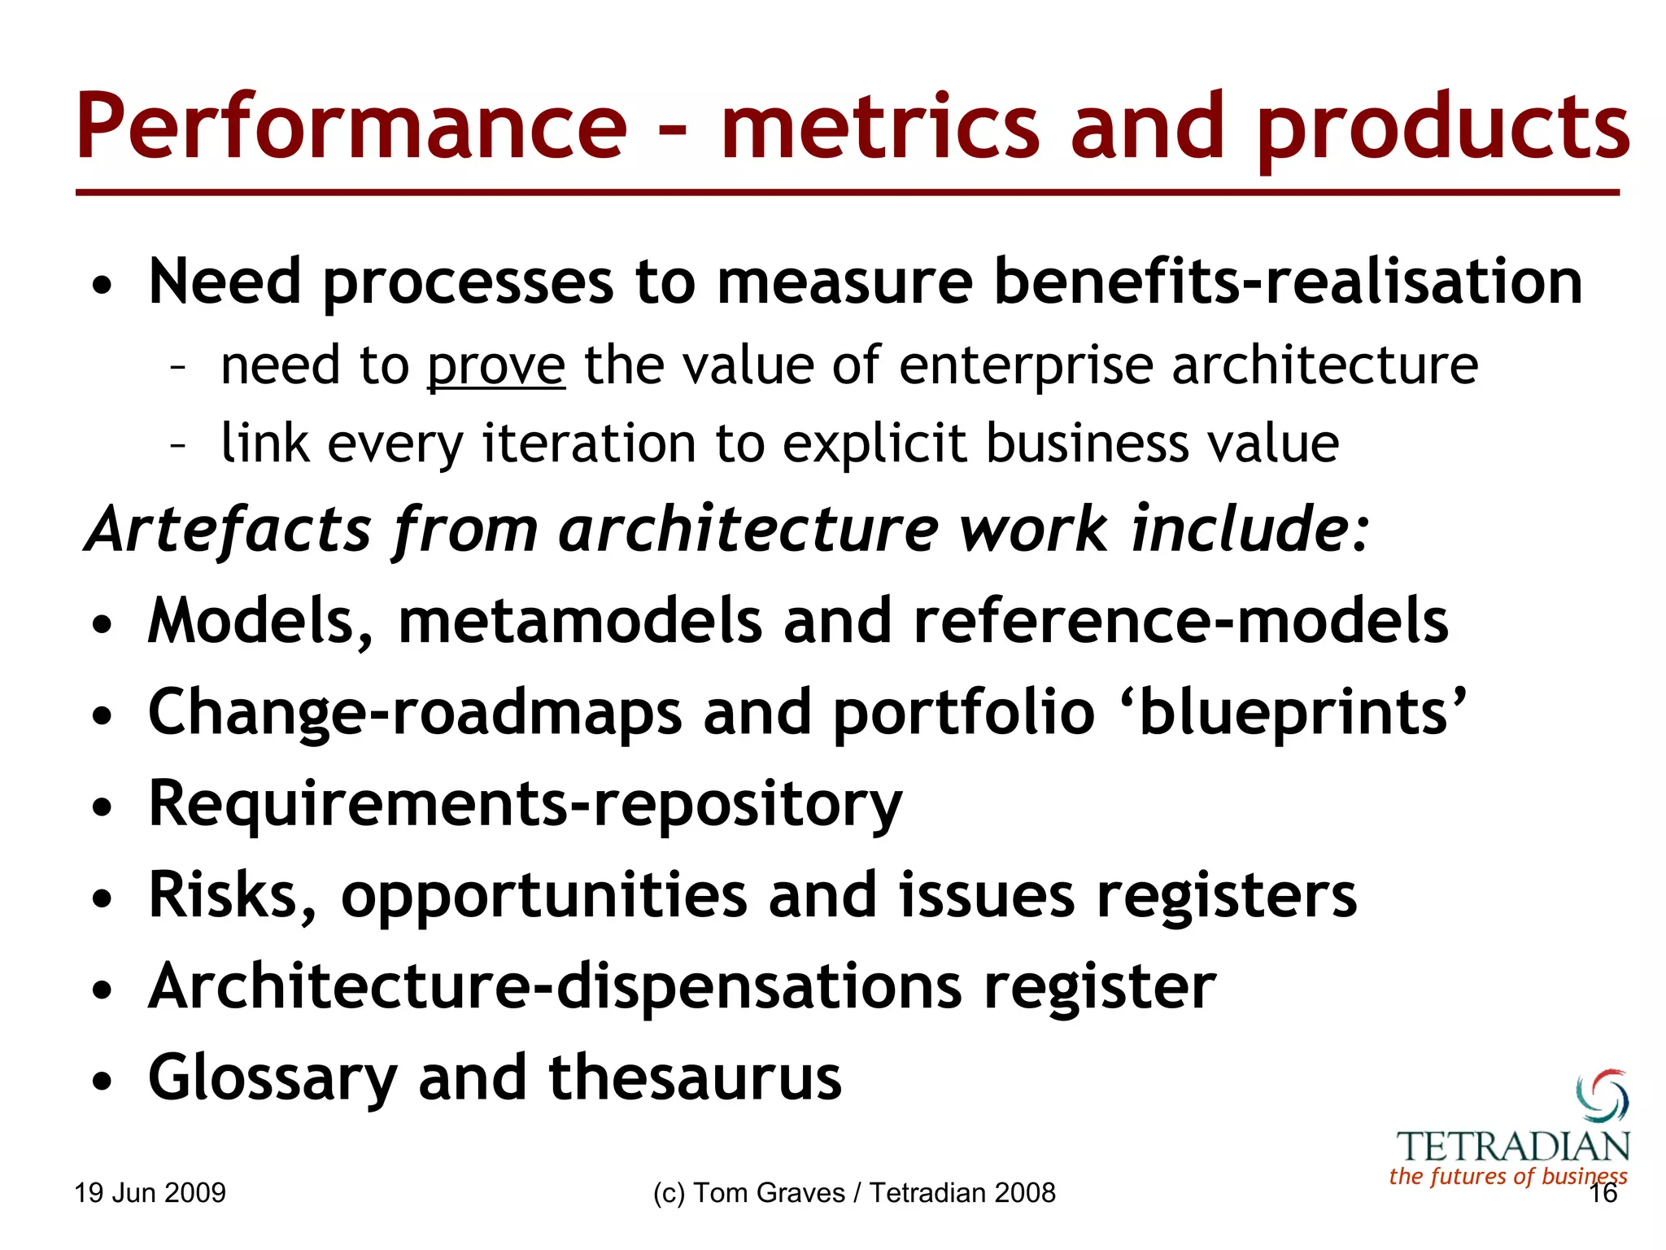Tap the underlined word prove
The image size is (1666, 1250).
(x=496, y=366)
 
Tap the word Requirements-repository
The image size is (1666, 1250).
(x=526, y=804)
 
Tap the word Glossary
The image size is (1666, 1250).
(x=273, y=1079)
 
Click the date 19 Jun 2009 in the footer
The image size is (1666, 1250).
(x=150, y=1193)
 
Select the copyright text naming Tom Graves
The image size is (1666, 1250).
(x=853, y=1193)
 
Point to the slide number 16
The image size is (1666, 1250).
(x=1603, y=1194)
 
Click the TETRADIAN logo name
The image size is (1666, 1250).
(x=1513, y=1147)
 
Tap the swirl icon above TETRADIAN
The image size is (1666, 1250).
(x=1602, y=1095)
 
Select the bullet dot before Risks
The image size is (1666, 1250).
(x=102, y=898)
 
